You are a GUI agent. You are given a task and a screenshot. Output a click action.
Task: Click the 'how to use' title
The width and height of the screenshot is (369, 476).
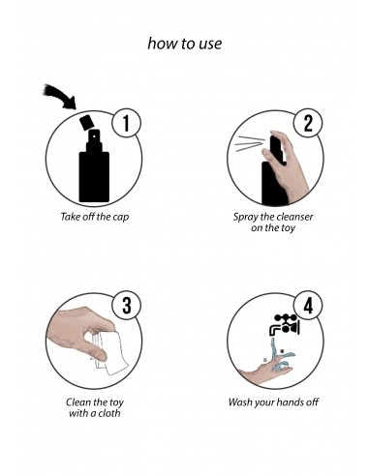pos(184,45)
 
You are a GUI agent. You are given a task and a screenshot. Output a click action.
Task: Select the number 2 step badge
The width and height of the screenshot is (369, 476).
pos(308,122)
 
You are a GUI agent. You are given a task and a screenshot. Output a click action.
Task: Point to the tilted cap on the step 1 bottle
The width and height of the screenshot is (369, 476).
pos(86,123)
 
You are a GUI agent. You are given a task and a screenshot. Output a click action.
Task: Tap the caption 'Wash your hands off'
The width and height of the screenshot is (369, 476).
pos(274,401)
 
